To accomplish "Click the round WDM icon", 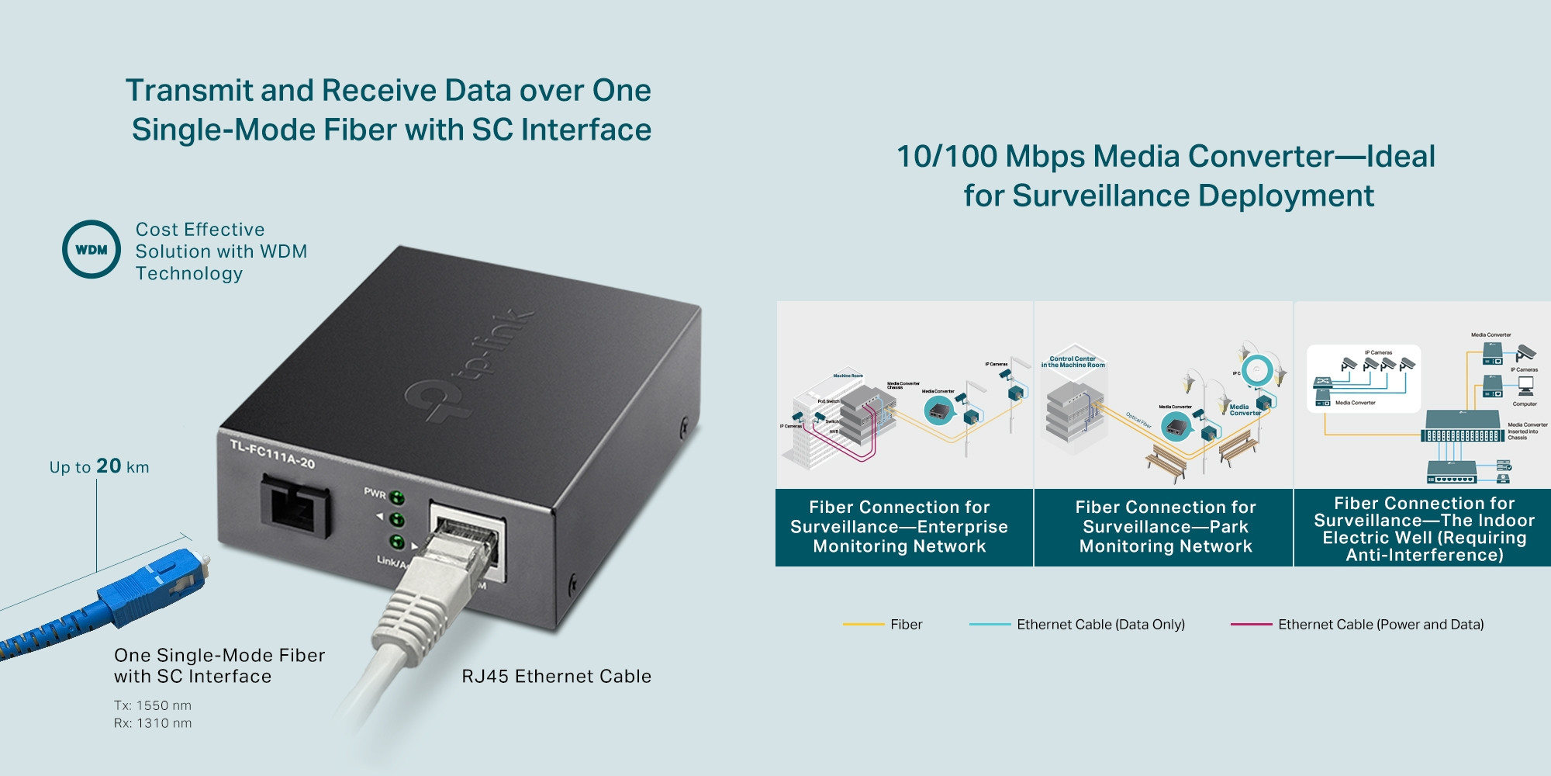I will click(x=92, y=249).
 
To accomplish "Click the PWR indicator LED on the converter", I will click(x=397, y=497).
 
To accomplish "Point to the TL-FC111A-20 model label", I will click(x=272, y=453).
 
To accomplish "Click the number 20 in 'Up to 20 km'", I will click(x=109, y=466).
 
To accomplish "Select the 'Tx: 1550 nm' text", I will click(x=153, y=705).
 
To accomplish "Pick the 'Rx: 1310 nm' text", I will click(x=153, y=723).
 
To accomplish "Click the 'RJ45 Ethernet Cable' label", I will click(x=556, y=676).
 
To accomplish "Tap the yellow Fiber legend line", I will click(x=863, y=624).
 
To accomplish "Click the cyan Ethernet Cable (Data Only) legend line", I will click(x=990, y=624).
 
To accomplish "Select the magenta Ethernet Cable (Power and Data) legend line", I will click(x=1251, y=624).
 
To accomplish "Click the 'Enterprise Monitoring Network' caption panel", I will click(x=900, y=527).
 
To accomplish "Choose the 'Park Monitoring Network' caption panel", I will click(x=1166, y=527).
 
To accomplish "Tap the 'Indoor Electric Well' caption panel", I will click(x=1424, y=528).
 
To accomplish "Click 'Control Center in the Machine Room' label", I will click(x=1073, y=362).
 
